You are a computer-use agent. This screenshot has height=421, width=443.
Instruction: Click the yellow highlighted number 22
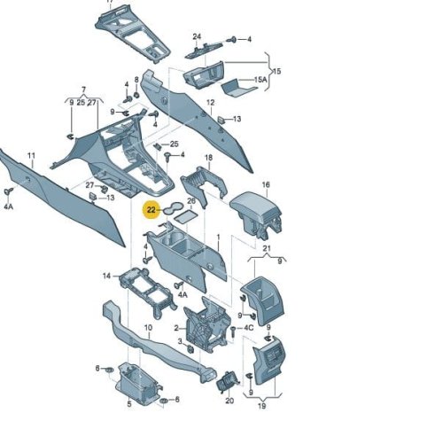coord(151,210)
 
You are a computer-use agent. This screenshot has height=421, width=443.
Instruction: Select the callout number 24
coord(197,36)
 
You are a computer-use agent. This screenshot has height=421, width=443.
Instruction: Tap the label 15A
coord(260,80)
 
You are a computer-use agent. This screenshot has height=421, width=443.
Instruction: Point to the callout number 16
coord(266,184)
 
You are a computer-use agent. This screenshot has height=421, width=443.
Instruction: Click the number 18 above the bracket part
coord(208,158)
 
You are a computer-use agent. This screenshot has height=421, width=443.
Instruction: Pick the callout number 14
coord(106,276)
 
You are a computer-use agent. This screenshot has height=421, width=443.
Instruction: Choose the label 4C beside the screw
coord(248,328)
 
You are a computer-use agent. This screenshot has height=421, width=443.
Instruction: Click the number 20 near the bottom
coord(229,401)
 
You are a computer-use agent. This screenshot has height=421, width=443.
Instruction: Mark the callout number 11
coord(31,155)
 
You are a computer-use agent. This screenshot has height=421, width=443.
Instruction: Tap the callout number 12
coord(210,103)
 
